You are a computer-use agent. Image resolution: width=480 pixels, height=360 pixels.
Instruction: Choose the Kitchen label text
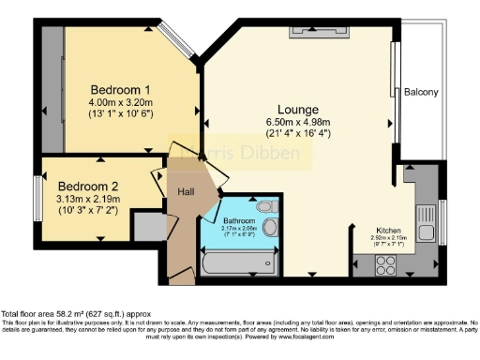pyautogui.click(x=390, y=230)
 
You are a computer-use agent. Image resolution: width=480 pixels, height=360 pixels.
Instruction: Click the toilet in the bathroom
pyautogui.click(x=264, y=206)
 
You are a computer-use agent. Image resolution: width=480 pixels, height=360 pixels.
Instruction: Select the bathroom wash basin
pyautogui.click(x=270, y=226)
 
